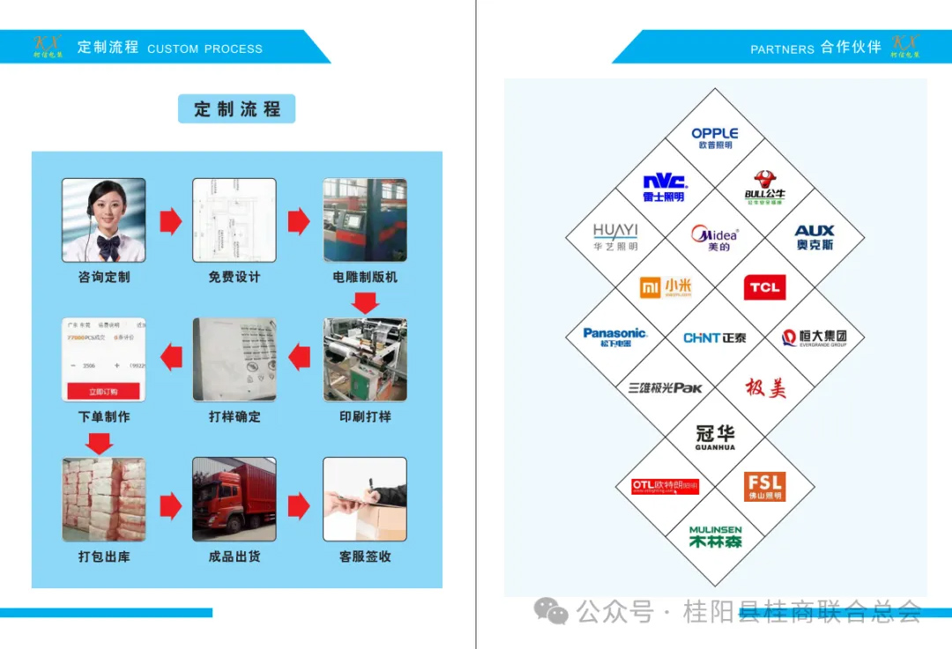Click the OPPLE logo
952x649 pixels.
pyautogui.click(x=715, y=138)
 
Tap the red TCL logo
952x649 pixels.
pyautogui.click(x=764, y=287)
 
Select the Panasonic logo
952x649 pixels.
pyautogui.click(x=615, y=337)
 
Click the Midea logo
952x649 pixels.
pyautogui.click(x=715, y=237)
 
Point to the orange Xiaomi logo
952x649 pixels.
pyautogui.click(x=665, y=287)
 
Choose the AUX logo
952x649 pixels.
pyautogui.click(x=814, y=237)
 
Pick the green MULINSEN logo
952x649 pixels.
pyautogui.click(x=715, y=537)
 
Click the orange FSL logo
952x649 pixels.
pyautogui.click(x=764, y=487)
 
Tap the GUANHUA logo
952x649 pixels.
pyautogui.click(x=715, y=436)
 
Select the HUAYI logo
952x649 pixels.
pyautogui.click(x=615, y=237)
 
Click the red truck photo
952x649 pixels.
pyautogui.click(x=234, y=499)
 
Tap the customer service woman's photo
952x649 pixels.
pyautogui.click(x=104, y=220)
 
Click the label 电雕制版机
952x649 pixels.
pyautogui.click(x=365, y=277)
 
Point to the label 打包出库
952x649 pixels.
pyautogui.click(x=104, y=556)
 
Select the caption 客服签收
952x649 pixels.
pyautogui.click(x=365, y=556)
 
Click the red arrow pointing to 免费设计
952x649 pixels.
pyautogui.click(x=170, y=221)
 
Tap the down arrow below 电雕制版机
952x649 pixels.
pyautogui.click(x=365, y=303)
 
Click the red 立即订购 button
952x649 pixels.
pyautogui.click(x=103, y=392)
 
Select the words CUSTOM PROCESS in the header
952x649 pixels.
pyautogui.click(x=205, y=48)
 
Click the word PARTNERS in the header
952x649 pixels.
pyautogui.click(x=782, y=49)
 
